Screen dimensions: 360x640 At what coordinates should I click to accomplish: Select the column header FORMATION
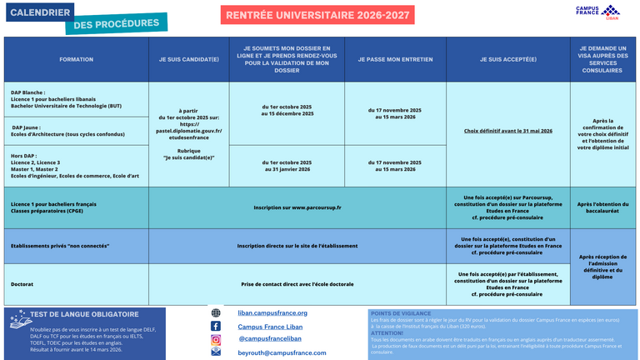(x=77, y=59)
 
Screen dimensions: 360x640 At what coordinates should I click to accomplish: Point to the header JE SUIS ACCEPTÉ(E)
(x=507, y=59)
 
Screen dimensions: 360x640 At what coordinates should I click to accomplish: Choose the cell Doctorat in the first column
(x=22, y=285)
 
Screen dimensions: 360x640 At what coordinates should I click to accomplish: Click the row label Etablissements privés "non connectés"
(x=59, y=246)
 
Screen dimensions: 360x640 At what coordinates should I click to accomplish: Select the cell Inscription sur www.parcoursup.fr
(x=297, y=207)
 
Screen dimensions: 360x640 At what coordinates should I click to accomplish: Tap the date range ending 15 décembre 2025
(x=287, y=110)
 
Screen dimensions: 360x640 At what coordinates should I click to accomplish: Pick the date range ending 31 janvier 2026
(x=287, y=166)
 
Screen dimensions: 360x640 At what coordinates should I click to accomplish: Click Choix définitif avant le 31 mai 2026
(x=507, y=131)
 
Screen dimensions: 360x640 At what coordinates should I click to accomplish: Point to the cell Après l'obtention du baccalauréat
(x=602, y=207)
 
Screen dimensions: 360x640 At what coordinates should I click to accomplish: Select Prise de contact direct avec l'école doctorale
(x=297, y=285)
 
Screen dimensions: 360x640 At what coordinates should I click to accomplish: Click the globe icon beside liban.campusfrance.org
(x=216, y=313)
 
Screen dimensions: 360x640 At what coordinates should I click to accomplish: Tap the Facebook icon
(x=216, y=326)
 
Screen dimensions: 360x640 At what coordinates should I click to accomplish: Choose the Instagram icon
(x=216, y=339)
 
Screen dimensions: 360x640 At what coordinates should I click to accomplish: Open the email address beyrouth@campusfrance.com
(x=282, y=352)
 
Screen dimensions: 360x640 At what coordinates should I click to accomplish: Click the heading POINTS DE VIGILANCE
(x=397, y=312)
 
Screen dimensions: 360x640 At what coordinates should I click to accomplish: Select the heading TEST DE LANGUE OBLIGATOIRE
(x=84, y=314)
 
